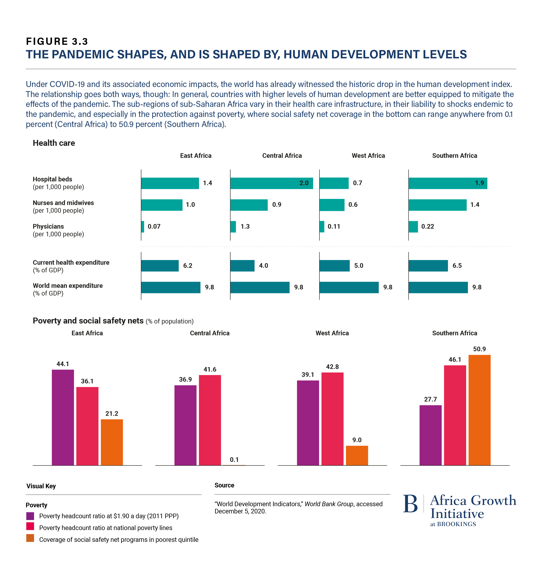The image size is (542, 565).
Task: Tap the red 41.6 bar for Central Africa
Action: pyautogui.click(x=210, y=420)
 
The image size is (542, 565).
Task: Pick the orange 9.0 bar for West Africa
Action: pyautogui.click(x=357, y=455)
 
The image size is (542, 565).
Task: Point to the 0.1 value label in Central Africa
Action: pyautogui.click(x=234, y=459)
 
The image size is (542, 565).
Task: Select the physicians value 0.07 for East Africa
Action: pyautogui.click(x=154, y=227)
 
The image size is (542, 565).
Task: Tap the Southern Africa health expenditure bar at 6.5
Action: pyautogui.click(x=428, y=266)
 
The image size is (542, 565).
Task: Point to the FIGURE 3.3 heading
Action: pyautogui.click(x=57, y=42)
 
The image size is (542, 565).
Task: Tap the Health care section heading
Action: pyautogui.click(x=54, y=143)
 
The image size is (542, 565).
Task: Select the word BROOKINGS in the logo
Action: pyautogui.click(x=456, y=524)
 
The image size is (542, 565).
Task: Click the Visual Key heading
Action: pyautogui.click(x=41, y=486)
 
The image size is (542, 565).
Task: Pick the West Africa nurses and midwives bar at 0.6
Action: pyautogui.click(x=332, y=205)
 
